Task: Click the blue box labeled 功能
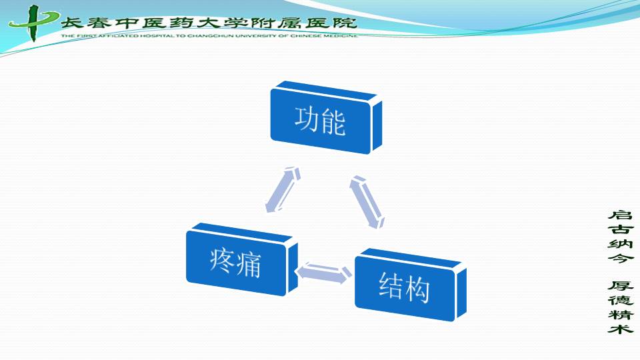coord(326,117)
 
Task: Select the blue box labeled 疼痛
coord(242,259)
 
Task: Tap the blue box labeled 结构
coord(411,285)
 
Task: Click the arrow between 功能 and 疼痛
coord(283,189)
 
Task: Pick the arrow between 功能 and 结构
coord(367,201)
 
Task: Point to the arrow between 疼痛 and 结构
coord(325,273)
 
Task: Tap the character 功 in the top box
coord(307,119)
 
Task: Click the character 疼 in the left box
coord(223,260)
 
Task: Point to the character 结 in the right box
coord(391,285)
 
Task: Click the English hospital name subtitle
coord(209,36)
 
